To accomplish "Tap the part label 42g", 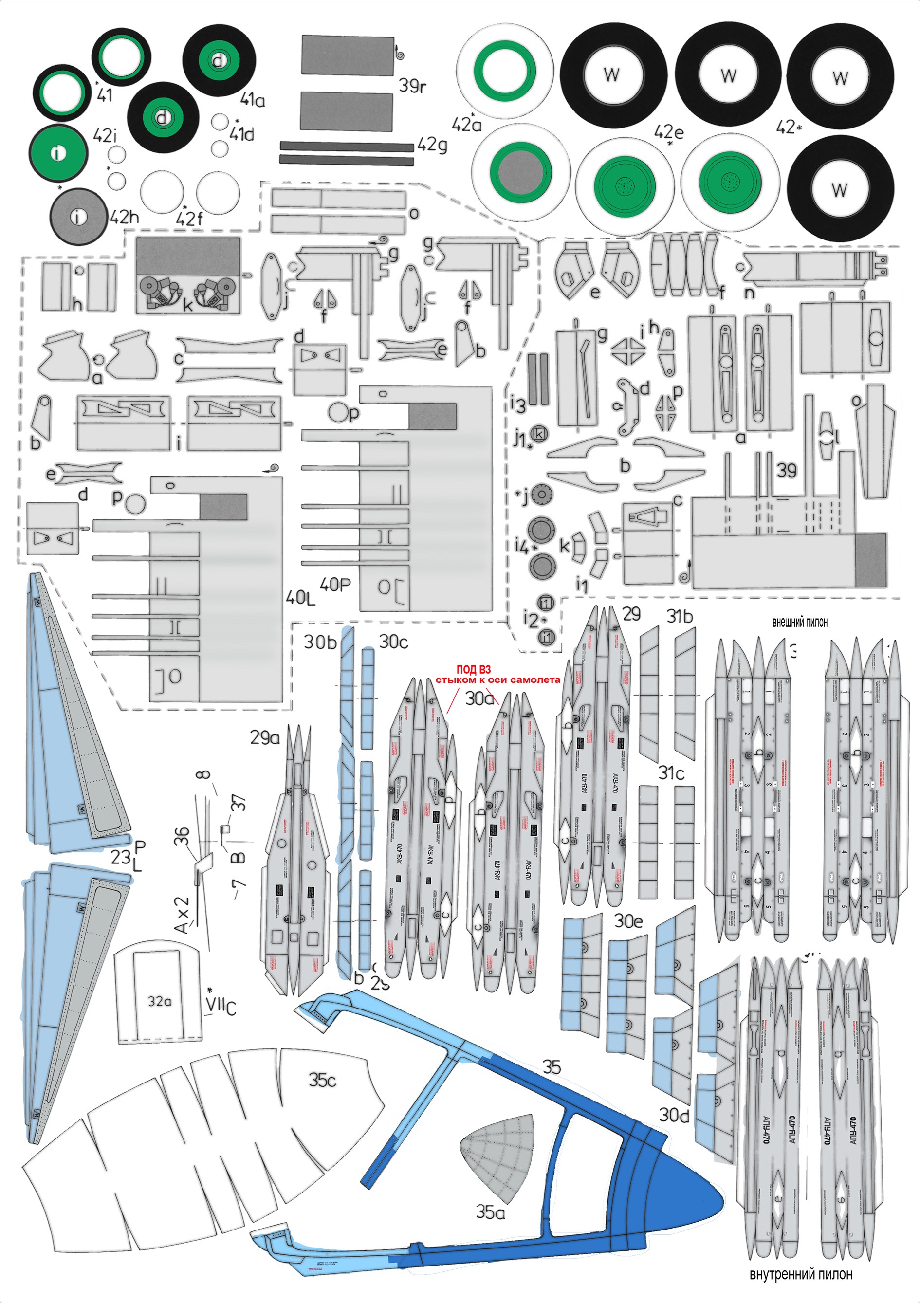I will tap(432, 145).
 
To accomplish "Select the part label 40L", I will tap(300, 597).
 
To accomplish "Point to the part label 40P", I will tap(335, 585).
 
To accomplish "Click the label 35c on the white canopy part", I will tap(322, 1080).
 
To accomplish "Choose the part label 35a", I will tap(490, 1212).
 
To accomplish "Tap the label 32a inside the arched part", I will tap(160, 1001).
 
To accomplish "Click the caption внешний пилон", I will tap(800, 623).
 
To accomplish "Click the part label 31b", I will tap(680, 616).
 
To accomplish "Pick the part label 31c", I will tap(671, 773).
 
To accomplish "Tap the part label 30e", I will tap(628, 921).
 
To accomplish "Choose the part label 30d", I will tap(674, 1115).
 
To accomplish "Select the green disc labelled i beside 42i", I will tap(58, 152).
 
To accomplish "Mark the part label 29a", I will tap(265, 738).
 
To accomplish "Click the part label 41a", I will tap(253, 100).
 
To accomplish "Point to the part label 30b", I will tap(321, 642).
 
